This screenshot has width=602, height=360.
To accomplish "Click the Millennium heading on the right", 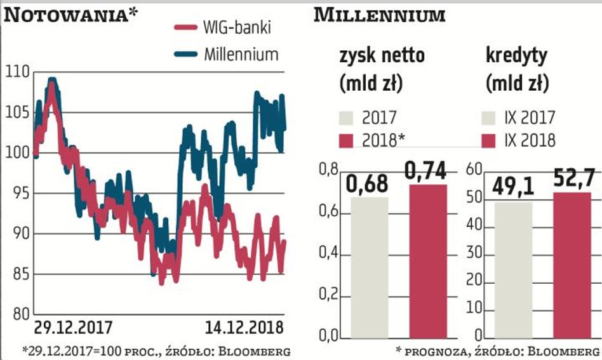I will [x=379, y=15].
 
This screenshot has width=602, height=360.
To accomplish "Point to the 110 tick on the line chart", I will [x=17, y=72].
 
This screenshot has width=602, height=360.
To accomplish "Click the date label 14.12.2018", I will [x=245, y=328].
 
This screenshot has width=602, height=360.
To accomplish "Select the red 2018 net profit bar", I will [x=428, y=260].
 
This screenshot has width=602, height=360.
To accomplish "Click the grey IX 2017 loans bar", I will [x=512, y=270].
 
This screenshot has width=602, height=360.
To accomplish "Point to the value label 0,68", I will [x=368, y=185].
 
